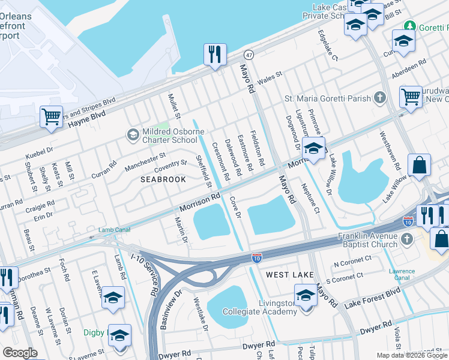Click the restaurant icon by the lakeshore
click(x=214, y=55)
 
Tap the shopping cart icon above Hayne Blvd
click(x=51, y=116)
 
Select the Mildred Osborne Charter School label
click(x=169, y=136)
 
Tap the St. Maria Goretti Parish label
click(x=328, y=98)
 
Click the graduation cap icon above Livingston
click(x=306, y=296)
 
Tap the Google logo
click(x=20, y=352)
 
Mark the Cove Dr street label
click(x=235, y=210)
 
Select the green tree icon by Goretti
click(x=410, y=26)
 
